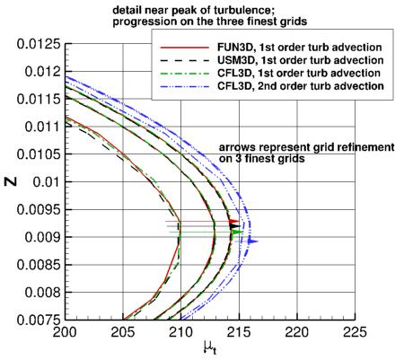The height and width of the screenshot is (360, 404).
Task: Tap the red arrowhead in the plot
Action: [234, 221]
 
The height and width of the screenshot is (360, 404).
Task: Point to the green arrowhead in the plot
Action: [237, 232]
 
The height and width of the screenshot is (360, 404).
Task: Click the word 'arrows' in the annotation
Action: [238, 146]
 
